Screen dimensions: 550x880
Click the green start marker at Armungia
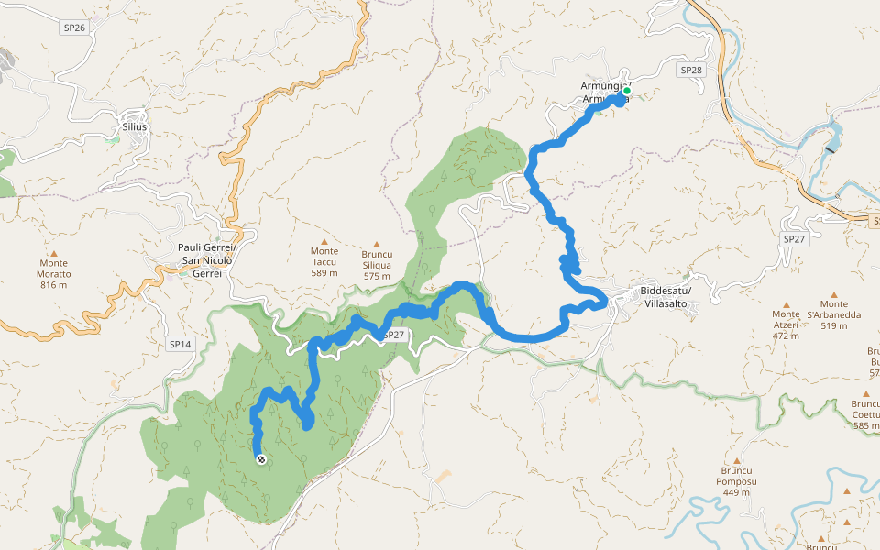click(x=626, y=91)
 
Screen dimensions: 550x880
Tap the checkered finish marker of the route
click(x=261, y=459)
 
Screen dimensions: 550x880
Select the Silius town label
click(x=133, y=126)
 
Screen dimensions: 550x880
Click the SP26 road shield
click(x=75, y=27)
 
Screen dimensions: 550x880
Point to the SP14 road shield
click(x=180, y=345)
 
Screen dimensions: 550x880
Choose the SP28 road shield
click(x=691, y=70)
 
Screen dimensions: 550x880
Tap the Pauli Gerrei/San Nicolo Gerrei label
click(x=207, y=260)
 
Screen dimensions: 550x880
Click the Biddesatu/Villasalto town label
click(x=667, y=298)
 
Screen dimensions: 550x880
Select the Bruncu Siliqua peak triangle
click(x=377, y=243)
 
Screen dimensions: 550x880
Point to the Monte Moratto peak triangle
click(x=53, y=254)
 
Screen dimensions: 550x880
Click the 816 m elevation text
click(x=54, y=285)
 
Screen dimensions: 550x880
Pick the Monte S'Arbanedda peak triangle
click(x=834, y=294)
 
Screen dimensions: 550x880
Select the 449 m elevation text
click(x=736, y=492)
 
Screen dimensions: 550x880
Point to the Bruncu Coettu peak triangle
click(x=864, y=392)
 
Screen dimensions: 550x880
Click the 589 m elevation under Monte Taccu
click(x=324, y=272)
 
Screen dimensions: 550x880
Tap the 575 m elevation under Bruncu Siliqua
click(x=377, y=276)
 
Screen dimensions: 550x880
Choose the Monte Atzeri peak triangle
click(x=786, y=303)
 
